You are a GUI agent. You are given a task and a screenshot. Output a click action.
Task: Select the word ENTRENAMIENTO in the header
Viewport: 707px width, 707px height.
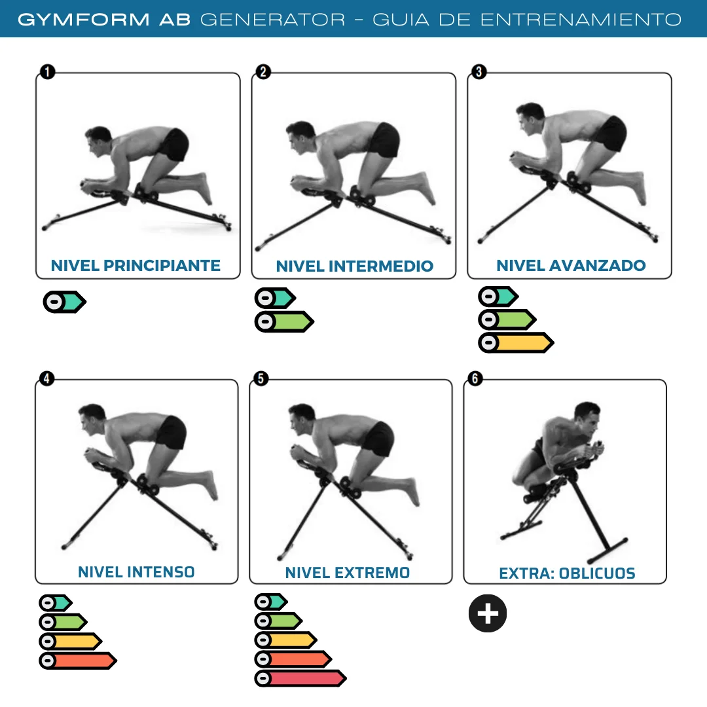[x=581, y=19]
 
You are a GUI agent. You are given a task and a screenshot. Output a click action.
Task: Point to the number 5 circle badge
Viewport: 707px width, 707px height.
[x=261, y=378]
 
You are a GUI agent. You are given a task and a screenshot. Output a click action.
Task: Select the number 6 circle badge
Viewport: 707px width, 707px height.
[x=475, y=378]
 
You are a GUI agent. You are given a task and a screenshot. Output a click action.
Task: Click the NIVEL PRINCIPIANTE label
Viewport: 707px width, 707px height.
[x=136, y=265]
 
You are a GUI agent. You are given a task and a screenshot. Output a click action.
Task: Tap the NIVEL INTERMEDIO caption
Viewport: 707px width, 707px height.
[x=354, y=266]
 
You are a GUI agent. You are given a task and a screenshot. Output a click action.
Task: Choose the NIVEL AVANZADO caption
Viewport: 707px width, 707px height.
[x=571, y=265]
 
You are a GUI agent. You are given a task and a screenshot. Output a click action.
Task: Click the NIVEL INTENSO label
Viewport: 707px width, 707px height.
[x=136, y=571]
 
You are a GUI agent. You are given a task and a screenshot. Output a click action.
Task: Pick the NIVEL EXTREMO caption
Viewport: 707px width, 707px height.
[x=348, y=572]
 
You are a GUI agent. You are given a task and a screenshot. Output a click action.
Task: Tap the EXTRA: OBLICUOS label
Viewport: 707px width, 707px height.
[x=567, y=573]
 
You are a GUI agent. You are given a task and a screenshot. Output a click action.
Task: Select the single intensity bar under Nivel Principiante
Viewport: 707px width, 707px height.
[x=64, y=302]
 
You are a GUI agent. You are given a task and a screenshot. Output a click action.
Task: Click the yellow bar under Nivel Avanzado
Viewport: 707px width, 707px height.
[x=516, y=342]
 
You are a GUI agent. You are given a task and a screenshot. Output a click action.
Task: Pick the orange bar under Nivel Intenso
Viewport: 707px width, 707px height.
[x=77, y=661]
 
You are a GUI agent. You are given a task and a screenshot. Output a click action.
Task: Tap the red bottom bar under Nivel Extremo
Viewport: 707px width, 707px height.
[x=300, y=678]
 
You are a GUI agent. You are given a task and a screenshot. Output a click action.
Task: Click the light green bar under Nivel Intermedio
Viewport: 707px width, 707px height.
[x=284, y=321]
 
